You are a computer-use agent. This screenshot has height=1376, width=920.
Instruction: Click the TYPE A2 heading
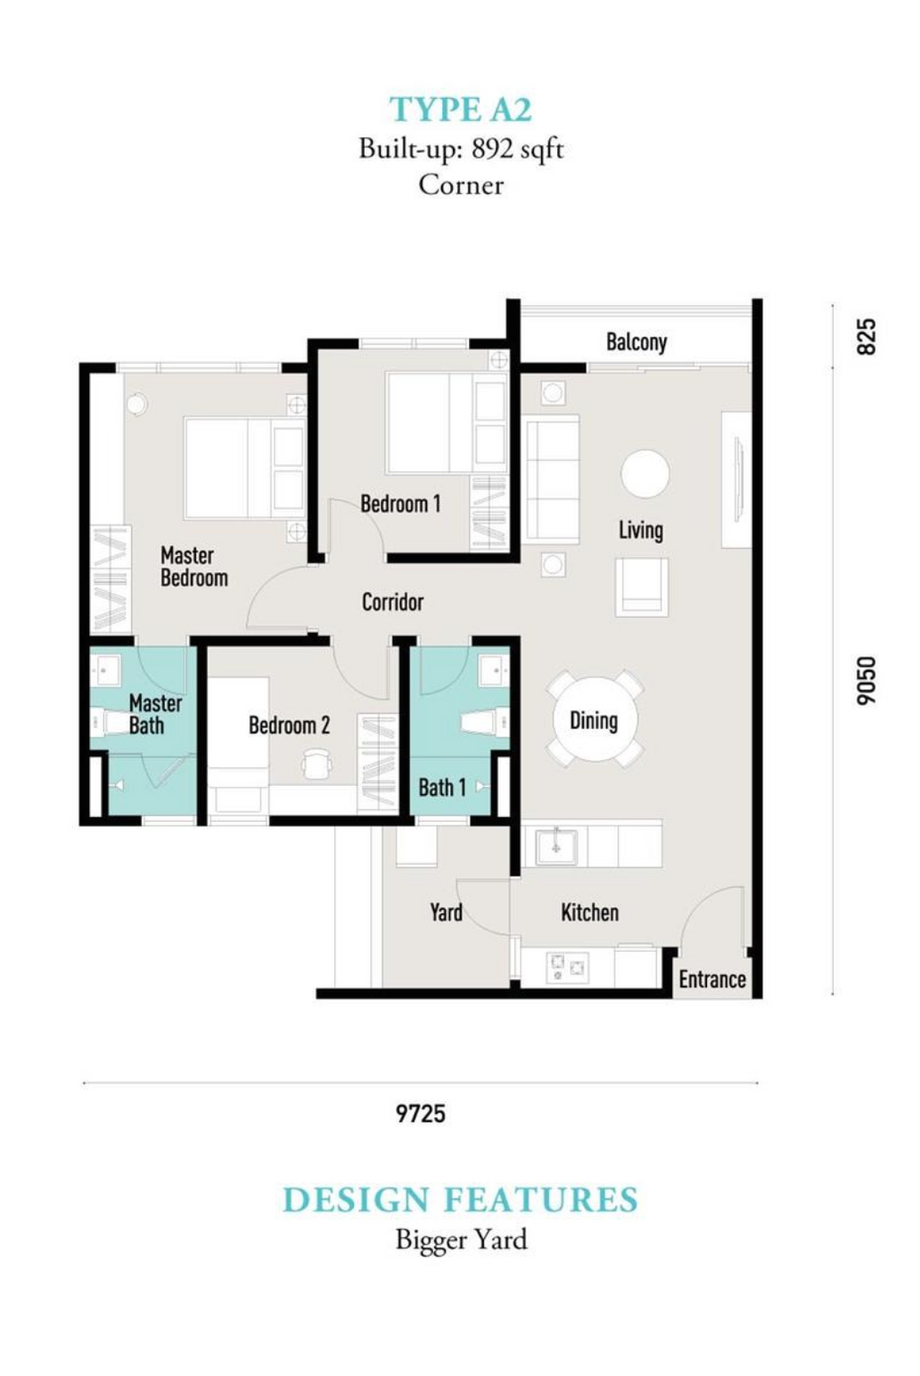pos(460,110)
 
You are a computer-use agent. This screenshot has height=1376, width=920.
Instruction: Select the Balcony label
pos(636,341)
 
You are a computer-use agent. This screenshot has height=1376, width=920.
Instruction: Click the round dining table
pos(594,719)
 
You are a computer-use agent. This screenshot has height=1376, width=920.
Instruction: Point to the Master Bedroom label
pos(193,567)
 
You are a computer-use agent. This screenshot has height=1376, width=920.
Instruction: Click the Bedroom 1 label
pos(400,504)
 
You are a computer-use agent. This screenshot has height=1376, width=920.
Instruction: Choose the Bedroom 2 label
pos(288,725)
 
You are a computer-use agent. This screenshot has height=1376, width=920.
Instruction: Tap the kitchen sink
pos(555,847)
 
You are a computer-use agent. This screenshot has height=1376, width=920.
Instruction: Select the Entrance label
pos(712,979)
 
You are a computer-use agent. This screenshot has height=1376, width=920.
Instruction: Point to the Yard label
pos(447,913)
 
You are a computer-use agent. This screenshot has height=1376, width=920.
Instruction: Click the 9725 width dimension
pos(420,1113)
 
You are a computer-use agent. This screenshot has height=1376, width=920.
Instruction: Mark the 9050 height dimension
pos(866,681)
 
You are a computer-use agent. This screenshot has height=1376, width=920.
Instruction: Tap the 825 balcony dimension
pos(865,336)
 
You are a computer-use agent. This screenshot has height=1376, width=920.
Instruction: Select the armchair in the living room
pos(641,587)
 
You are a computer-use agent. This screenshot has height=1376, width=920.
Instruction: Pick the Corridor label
pos(392,602)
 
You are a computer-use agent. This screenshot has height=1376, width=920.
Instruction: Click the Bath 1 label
pos(442,787)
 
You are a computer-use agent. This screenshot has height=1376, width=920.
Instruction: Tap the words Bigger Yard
pos(461,1240)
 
